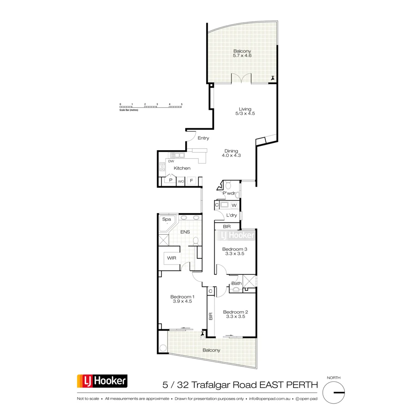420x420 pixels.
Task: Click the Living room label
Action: [x=245, y=109]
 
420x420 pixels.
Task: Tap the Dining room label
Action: [x=231, y=151]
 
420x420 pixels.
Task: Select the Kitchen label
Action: [x=182, y=168]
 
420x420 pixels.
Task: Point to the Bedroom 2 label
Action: [x=235, y=312]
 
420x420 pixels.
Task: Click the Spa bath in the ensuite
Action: [x=167, y=222]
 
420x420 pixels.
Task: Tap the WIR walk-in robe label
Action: [x=171, y=258]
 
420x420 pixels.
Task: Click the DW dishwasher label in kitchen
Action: [x=171, y=161]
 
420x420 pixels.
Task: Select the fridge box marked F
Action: [x=191, y=181]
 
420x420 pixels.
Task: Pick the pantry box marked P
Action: [x=171, y=181]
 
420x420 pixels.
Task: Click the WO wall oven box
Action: [x=181, y=181]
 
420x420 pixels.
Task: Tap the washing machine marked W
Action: [x=234, y=205]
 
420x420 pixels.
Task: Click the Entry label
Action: [x=203, y=138]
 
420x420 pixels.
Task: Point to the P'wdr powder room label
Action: [x=229, y=193]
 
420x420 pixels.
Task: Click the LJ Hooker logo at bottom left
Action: [x=102, y=381]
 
